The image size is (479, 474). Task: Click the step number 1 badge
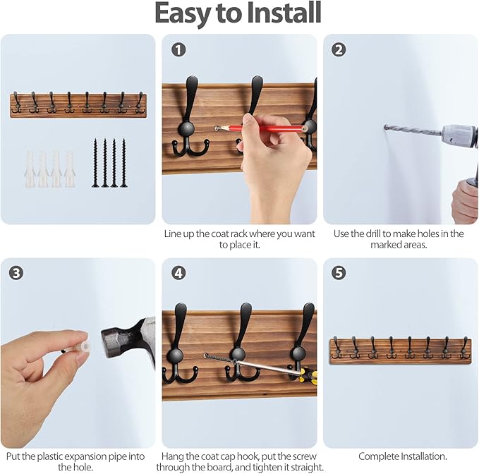pyautogui.click(x=179, y=49)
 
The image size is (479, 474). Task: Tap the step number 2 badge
pyautogui.click(x=339, y=49)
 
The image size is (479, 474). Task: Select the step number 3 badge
pyautogui.click(x=17, y=272)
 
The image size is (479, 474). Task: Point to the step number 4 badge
pyautogui.click(x=179, y=272)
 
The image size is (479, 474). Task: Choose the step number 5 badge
pyautogui.click(x=339, y=272)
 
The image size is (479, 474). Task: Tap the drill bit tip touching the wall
pyautogui.click(x=387, y=127)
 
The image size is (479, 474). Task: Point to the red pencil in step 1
pyautogui.click(x=261, y=128)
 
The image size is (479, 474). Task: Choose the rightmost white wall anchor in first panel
pyautogui.click(x=70, y=169)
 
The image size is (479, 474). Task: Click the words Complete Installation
pyautogui.click(x=401, y=456)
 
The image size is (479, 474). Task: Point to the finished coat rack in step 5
pyautogui.click(x=400, y=350)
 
